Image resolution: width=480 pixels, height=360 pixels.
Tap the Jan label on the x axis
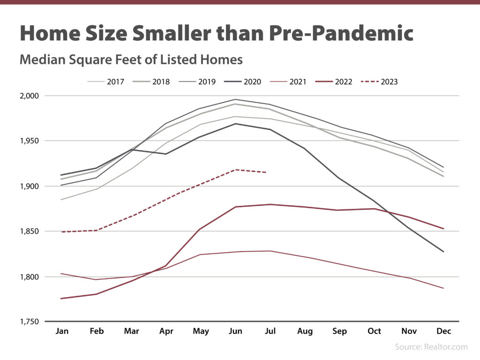coord(62,331)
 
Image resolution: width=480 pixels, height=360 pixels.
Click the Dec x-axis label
coord(443,331)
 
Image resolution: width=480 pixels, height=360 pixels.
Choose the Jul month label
coord(270,331)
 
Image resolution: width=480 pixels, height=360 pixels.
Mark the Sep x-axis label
coord(339,331)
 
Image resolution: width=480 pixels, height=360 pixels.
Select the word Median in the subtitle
coord(41,60)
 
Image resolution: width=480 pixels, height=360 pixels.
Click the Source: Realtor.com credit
coord(431,347)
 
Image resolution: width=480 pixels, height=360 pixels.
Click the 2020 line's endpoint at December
coord(443,252)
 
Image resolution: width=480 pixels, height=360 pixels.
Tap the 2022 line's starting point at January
coord(62,299)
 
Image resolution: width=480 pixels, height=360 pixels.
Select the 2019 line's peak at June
coord(235,99)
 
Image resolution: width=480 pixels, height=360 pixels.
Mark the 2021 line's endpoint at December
coord(443,288)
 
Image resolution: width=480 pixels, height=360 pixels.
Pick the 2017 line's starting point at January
coord(62,200)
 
